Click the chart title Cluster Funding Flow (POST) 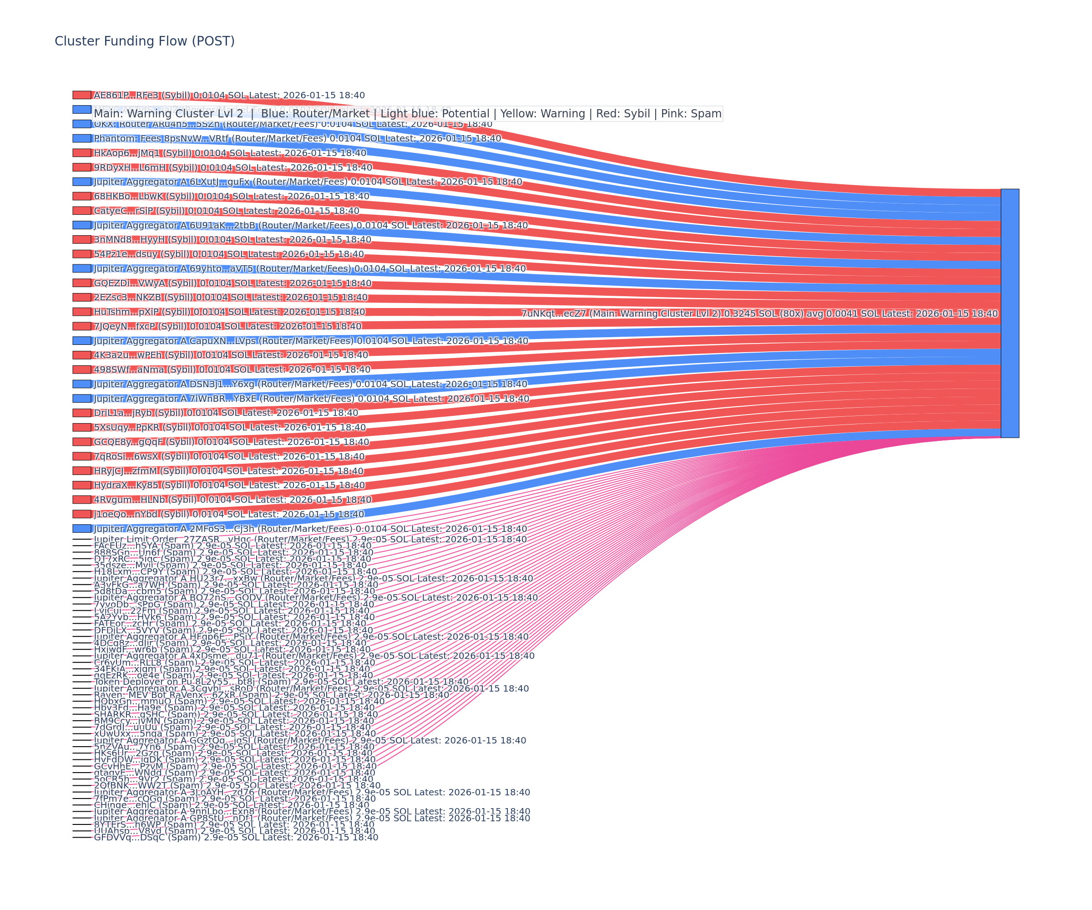145,41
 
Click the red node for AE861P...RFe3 81,95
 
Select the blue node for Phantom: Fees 81,138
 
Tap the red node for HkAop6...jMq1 81,153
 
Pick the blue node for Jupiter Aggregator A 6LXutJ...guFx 81,182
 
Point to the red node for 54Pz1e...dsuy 81,254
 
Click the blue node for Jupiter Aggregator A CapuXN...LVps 81,341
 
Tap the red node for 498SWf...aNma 81,369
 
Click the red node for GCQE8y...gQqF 81,441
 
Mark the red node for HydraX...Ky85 81,485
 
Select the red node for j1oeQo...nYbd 81,514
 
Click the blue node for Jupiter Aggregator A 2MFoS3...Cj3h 81,528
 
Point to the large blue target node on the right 1010,313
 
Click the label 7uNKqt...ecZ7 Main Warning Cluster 759,313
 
